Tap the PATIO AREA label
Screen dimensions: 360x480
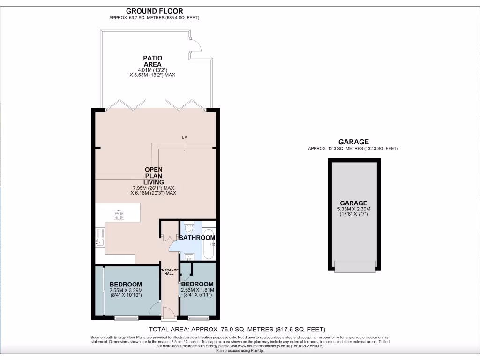point(153,61)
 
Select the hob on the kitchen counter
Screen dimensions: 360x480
point(119,215)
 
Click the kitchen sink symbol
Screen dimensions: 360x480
point(99,242)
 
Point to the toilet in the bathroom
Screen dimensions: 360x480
point(189,227)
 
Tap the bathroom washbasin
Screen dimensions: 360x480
point(189,256)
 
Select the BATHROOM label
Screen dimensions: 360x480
point(197,238)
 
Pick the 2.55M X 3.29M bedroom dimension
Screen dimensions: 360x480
point(125,290)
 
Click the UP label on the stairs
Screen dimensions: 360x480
point(184,137)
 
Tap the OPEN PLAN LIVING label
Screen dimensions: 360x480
point(154,176)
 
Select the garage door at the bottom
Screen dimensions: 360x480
point(355,266)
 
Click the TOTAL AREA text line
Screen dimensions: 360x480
point(237,329)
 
